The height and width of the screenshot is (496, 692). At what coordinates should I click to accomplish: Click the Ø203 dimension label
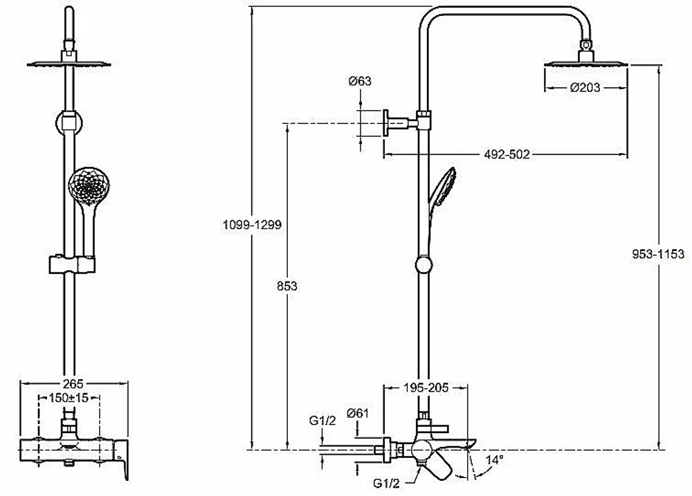(585, 87)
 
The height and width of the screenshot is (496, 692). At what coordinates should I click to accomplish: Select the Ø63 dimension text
(360, 81)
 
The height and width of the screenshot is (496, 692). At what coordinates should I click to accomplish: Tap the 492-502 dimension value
(507, 154)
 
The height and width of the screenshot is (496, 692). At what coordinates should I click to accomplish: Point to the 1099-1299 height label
(252, 225)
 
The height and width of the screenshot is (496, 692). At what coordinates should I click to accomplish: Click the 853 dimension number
(287, 286)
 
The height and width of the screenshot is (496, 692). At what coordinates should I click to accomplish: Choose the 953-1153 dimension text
(658, 254)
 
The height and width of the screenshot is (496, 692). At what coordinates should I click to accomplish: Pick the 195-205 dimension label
(426, 387)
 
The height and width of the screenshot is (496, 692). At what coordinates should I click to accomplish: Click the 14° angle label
(494, 460)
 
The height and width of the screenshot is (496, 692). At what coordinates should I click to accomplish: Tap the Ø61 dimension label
(358, 413)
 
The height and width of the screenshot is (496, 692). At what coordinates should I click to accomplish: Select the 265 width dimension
(73, 384)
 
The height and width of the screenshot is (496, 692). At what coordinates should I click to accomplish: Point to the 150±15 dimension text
(69, 398)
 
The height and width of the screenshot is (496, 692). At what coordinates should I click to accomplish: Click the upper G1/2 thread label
(322, 421)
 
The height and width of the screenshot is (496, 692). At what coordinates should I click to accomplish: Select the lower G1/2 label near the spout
(386, 484)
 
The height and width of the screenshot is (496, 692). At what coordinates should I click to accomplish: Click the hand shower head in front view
(89, 186)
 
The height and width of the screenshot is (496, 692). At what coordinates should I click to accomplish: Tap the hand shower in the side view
(442, 186)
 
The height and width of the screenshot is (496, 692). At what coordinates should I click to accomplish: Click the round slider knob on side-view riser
(424, 265)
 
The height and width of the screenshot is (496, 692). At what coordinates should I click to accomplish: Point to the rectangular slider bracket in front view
(72, 264)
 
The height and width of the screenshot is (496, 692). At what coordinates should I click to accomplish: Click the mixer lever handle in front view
(122, 459)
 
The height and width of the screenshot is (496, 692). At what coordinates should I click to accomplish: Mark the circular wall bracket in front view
(69, 122)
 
